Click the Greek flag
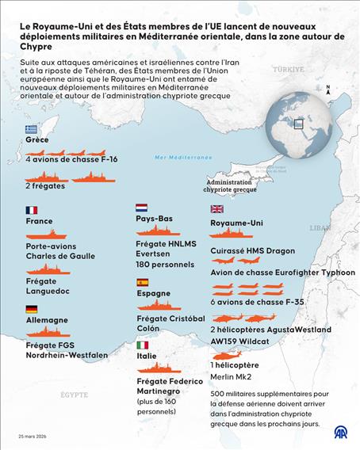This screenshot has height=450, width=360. [31, 128]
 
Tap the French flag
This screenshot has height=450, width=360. [31, 210]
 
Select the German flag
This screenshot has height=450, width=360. [31, 309]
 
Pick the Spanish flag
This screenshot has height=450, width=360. [142, 281]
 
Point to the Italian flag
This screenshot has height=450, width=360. [142, 345]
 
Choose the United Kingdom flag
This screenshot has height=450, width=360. [216, 209]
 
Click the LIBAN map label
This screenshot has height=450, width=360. [320, 227]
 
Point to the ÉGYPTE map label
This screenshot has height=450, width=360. [74, 394]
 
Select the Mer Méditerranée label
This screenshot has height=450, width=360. [183, 158]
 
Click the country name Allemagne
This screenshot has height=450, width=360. [48, 320]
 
